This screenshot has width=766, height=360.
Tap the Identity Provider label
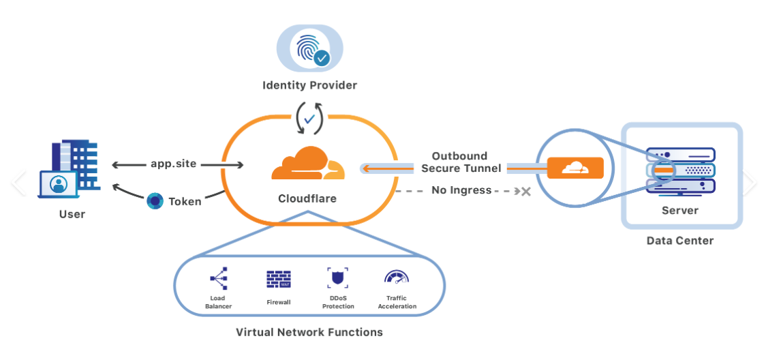tap(309, 85)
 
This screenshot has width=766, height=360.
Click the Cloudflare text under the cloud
tap(307, 199)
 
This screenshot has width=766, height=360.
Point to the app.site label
tap(174, 164)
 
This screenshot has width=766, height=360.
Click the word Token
tap(185, 201)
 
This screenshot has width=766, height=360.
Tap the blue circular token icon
tap(155, 200)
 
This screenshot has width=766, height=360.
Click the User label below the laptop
tap(72, 214)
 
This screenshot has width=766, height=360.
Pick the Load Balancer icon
tap(218, 278)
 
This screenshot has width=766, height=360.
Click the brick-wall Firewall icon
tap(279, 279)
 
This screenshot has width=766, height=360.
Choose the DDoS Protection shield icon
tap(337, 278)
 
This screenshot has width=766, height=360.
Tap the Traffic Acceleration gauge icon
tap(396, 276)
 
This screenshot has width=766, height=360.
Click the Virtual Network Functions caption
tap(309, 333)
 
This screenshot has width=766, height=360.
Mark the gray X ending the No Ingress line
tap(525, 192)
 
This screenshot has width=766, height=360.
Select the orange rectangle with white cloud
tap(575, 168)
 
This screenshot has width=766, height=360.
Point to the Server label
tap(680, 211)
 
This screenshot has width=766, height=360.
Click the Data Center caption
tap(680, 241)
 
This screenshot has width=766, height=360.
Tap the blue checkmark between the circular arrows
tap(309, 119)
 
